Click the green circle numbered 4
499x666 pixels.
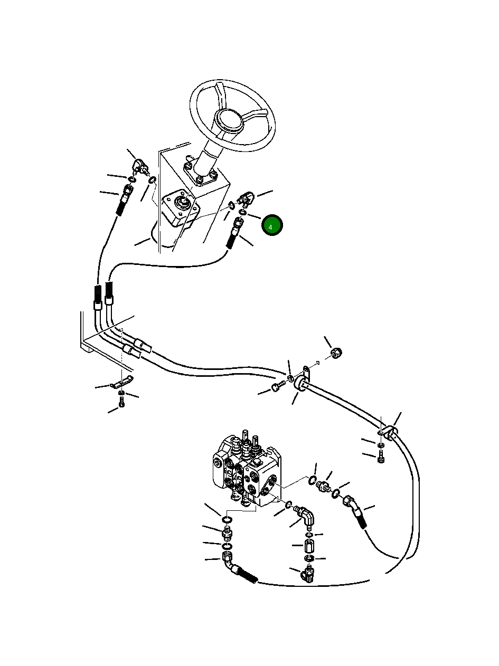click(272, 226)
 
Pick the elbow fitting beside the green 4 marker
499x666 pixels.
click(246, 199)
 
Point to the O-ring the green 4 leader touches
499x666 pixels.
click(242, 212)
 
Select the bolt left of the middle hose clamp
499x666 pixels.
click(278, 388)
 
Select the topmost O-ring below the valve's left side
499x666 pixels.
click(227, 520)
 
